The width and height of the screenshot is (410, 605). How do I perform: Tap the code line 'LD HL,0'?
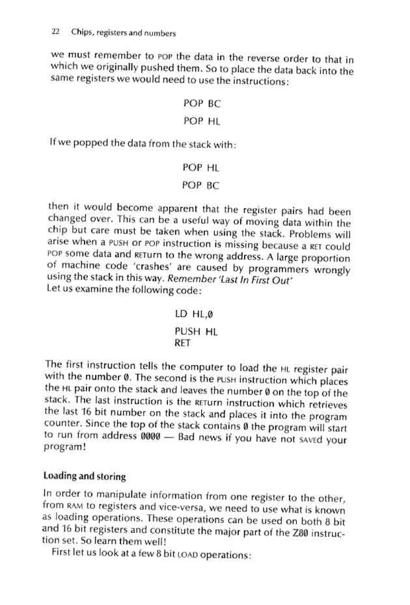coord(195,316)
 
